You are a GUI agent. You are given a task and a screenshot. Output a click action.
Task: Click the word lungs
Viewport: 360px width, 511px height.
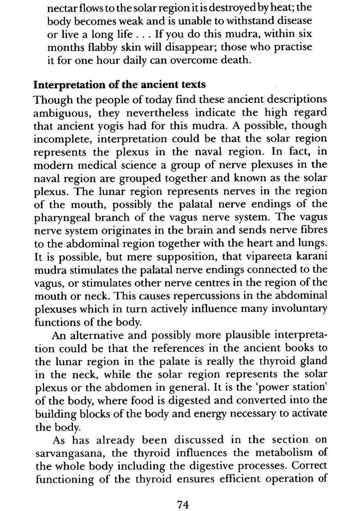pos(313,242)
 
